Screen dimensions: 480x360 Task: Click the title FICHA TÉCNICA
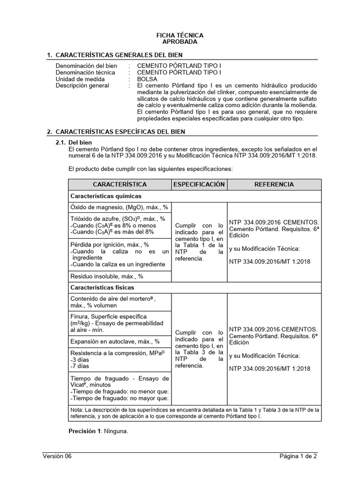pyautogui.click(x=180, y=35)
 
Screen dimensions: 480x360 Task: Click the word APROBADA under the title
pyautogui.click(x=180, y=42)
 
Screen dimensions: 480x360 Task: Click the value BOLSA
pyautogui.click(x=147, y=79)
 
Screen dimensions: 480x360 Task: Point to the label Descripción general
pyautogui.click(x=82, y=86)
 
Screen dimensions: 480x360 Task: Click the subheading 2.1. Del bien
pyautogui.click(x=80, y=142)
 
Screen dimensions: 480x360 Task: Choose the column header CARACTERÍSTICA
pyautogui.click(x=120, y=184)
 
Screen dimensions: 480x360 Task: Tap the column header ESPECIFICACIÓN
pyautogui.click(x=199, y=184)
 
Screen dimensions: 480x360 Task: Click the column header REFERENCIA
pyautogui.click(x=274, y=184)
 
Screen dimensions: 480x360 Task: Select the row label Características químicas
pyautogui.click(x=106, y=196)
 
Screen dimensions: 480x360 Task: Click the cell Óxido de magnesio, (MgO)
pyautogui.click(x=119, y=207)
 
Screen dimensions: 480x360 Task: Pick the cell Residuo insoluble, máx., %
pyautogui.click(x=107, y=277)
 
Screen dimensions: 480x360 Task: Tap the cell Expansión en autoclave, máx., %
pyautogui.click(x=115, y=341)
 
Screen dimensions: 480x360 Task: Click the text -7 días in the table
pyautogui.click(x=79, y=366)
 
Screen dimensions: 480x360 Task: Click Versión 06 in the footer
pyautogui.click(x=57, y=456)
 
